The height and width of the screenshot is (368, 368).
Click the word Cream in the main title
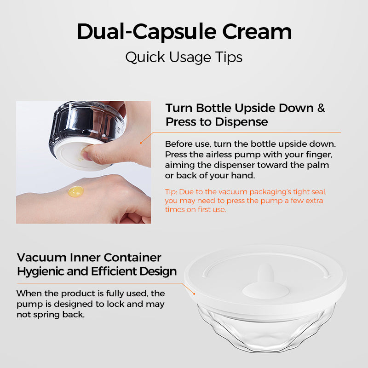(x=257, y=31)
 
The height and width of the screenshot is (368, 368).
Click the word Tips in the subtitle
(x=229, y=57)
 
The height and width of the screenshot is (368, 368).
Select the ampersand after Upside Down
(x=321, y=108)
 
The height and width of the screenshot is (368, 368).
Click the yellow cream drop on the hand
(x=76, y=191)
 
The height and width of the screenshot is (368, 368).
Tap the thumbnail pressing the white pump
(x=85, y=155)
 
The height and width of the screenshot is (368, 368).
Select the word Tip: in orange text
(x=171, y=192)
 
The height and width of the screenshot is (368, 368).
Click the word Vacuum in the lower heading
(x=42, y=258)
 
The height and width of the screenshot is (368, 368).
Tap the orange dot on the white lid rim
(x=194, y=294)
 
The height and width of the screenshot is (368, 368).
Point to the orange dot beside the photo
(x=141, y=143)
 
